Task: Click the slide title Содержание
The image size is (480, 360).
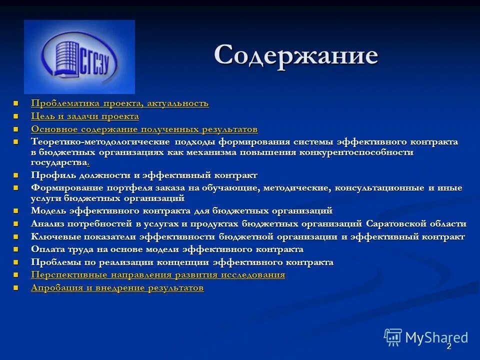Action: [x=296, y=54]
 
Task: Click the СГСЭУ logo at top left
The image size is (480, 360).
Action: [x=79, y=57]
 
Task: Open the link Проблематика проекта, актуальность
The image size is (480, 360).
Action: [x=119, y=103]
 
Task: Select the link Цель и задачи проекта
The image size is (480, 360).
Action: [x=85, y=116]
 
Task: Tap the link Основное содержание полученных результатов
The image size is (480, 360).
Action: [x=144, y=129]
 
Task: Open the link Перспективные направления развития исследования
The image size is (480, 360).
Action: [x=158, y=275]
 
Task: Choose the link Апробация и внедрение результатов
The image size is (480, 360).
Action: [x=117, y=288]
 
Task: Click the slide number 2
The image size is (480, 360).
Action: [x=448, y=346]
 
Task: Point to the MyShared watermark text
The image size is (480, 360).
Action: [x=436, y=337]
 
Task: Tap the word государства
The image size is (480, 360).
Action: [x=58, y=162]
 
